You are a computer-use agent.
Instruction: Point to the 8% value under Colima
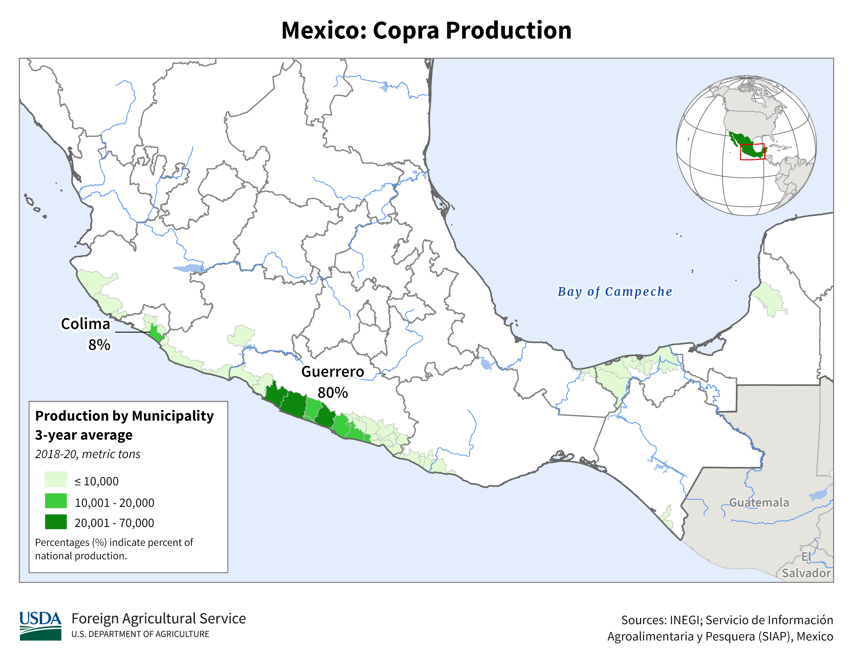coord(99,345)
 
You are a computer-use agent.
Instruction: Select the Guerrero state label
coord(332,371)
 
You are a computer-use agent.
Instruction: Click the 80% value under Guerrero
coord(332,393)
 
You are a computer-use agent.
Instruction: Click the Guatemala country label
coord(759,502)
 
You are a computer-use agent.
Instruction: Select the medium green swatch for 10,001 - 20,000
coord(56,501)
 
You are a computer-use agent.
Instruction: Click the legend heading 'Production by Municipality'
coord(124,416)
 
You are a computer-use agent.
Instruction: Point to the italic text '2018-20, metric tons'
coord(87,454)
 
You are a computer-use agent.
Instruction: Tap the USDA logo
coord(40,626)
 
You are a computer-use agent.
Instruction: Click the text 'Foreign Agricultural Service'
coord(158,619)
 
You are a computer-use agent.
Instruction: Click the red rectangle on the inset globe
coord(752,152)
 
